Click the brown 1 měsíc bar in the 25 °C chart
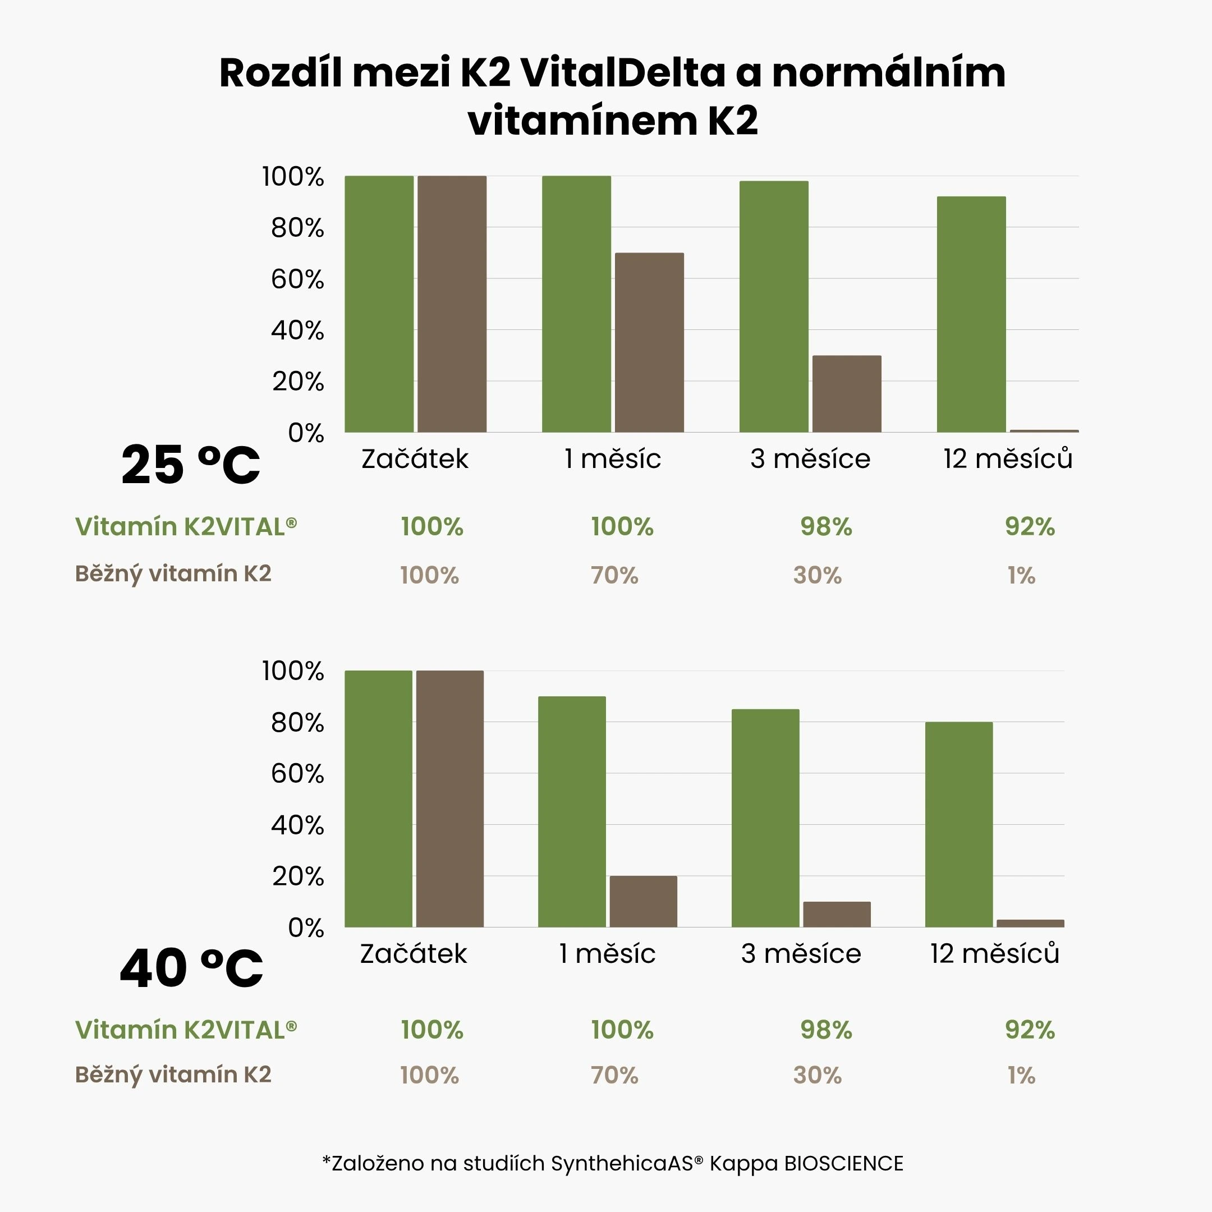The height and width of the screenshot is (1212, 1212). pyautogui.click(x=649, y=342)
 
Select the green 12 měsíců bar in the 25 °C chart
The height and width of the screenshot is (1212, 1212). pyautogui.click(x=971, y=314)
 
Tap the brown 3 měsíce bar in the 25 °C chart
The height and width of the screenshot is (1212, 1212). pyautogui.click(x=846, y=394)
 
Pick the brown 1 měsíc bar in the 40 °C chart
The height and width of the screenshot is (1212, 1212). pyautogui.click(x=643, y=902)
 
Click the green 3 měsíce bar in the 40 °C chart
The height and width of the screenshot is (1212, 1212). pyautogui.click(x=765, y=818)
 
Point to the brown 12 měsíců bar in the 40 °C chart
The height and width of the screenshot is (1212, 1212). pyautogui.click(x=1030, y=924)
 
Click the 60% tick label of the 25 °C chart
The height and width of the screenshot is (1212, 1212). pyautogui.click(x=297, y=279)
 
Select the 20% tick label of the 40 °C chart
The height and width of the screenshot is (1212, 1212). pyautogui.click(x=298, y=876)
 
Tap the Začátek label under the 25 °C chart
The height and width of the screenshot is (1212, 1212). pyautogui.click(x=415, y=458)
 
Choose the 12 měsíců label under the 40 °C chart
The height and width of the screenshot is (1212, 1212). pyautogui.click(x=994, y=953)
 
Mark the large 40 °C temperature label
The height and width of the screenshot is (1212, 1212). pyautogui.click(x=191, y=968)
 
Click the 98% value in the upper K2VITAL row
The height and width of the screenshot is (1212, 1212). pyautogui.click(x=826, y=527)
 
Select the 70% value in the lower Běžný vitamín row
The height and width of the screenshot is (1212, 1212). pyautogui.click(x=614, y=1075)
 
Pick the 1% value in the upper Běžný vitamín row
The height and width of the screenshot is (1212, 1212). pyautogui.click(x=1021, y=575)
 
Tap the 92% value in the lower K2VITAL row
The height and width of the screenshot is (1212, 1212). pyautogui.click(x=1030, y=1030)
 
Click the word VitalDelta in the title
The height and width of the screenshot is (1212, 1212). pyautogui.click(x=622, y=73)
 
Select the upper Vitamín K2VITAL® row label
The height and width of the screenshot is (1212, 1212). pyautogui.click(x=186, y=527)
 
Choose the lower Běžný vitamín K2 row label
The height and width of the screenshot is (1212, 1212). pyautogui.click(x=173, y=1075)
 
